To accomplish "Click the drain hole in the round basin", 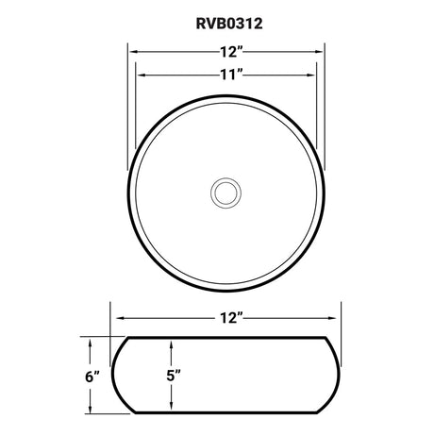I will [225, 192].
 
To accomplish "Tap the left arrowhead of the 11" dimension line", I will [141, 74].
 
